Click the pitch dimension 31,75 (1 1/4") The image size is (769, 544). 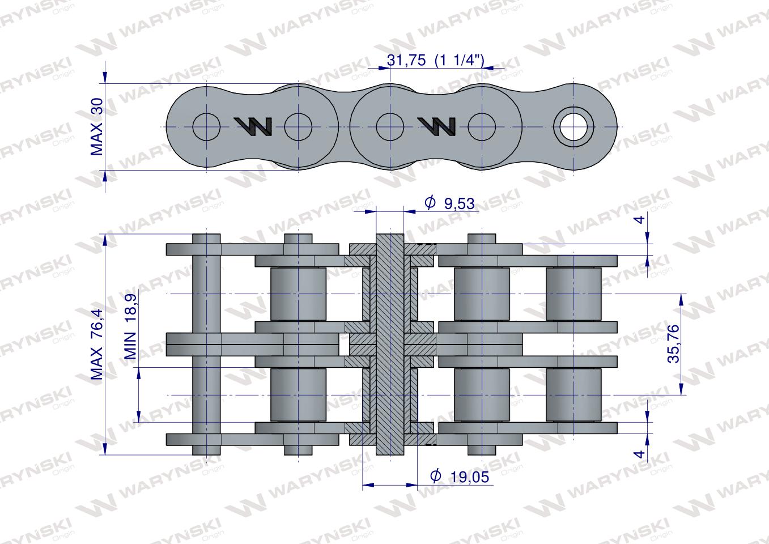tap(435, 61)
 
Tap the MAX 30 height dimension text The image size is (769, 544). tap(97, 126)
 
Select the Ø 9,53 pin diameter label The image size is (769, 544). tap(449, 203)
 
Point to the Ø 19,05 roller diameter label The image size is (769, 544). tap(460, 477)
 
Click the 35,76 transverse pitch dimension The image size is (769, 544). tap(673, 343)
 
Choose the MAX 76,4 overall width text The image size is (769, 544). tap(97, 344)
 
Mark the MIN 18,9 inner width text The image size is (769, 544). tap(130, 326)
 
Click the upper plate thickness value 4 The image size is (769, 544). tap(640, 220)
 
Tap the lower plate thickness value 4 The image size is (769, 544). tap(639, 454)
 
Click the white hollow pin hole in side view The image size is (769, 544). tap(573, 126)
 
